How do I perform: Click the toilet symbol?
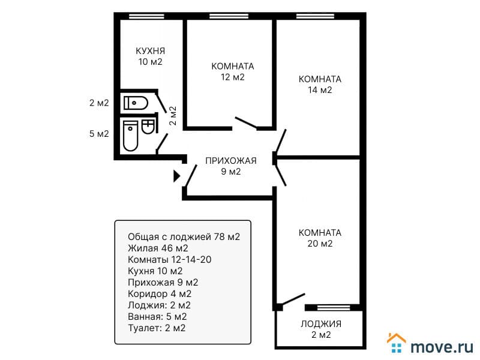point(136,103)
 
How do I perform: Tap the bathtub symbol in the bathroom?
point(131,136)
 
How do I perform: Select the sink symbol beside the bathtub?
point(148,127)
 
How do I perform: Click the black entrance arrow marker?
point(176,176)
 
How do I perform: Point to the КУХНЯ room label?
point(150,51)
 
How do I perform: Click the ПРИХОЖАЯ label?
point(231,161)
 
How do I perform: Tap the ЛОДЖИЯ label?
point(321,324)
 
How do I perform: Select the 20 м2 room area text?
point(320,244)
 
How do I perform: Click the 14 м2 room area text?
point(320,90)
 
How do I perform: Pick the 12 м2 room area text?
point(233,77)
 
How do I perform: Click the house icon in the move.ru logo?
point(396,343)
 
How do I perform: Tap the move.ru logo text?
point(442,347)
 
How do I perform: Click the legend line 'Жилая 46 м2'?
point(158,248)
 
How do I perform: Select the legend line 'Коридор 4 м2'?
point(160,294)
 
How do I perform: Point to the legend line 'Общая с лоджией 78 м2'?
point(184,236)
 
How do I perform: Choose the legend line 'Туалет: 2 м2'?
point(157,328)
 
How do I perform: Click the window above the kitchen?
point(146,16)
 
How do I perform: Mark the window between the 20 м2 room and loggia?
point(334,307)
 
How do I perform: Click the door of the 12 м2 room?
point(246,122)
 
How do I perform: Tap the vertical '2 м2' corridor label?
point(173,115)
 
